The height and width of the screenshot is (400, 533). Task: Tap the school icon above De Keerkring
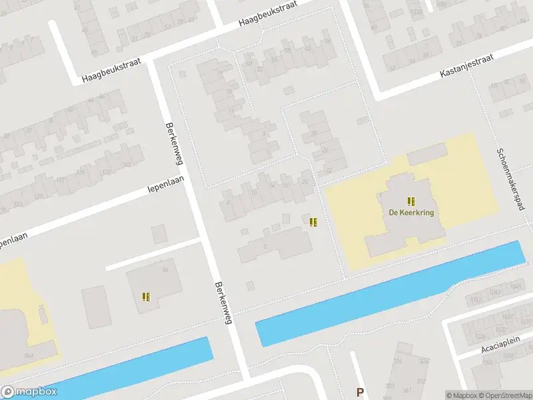click(411, 201)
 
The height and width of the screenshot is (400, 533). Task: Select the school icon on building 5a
click(146, 297)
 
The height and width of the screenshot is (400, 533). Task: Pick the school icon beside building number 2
click(313, 222)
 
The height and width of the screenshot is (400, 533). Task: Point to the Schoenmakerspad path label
click(510, 179)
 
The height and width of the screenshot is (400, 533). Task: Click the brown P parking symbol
click(360, 393)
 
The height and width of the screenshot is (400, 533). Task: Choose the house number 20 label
click(305, 181)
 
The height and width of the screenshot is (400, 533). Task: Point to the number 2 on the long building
click(265, 247)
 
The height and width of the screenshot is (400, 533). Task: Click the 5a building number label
click(163, 270)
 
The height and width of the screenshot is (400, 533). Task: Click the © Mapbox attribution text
click(460, 395)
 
